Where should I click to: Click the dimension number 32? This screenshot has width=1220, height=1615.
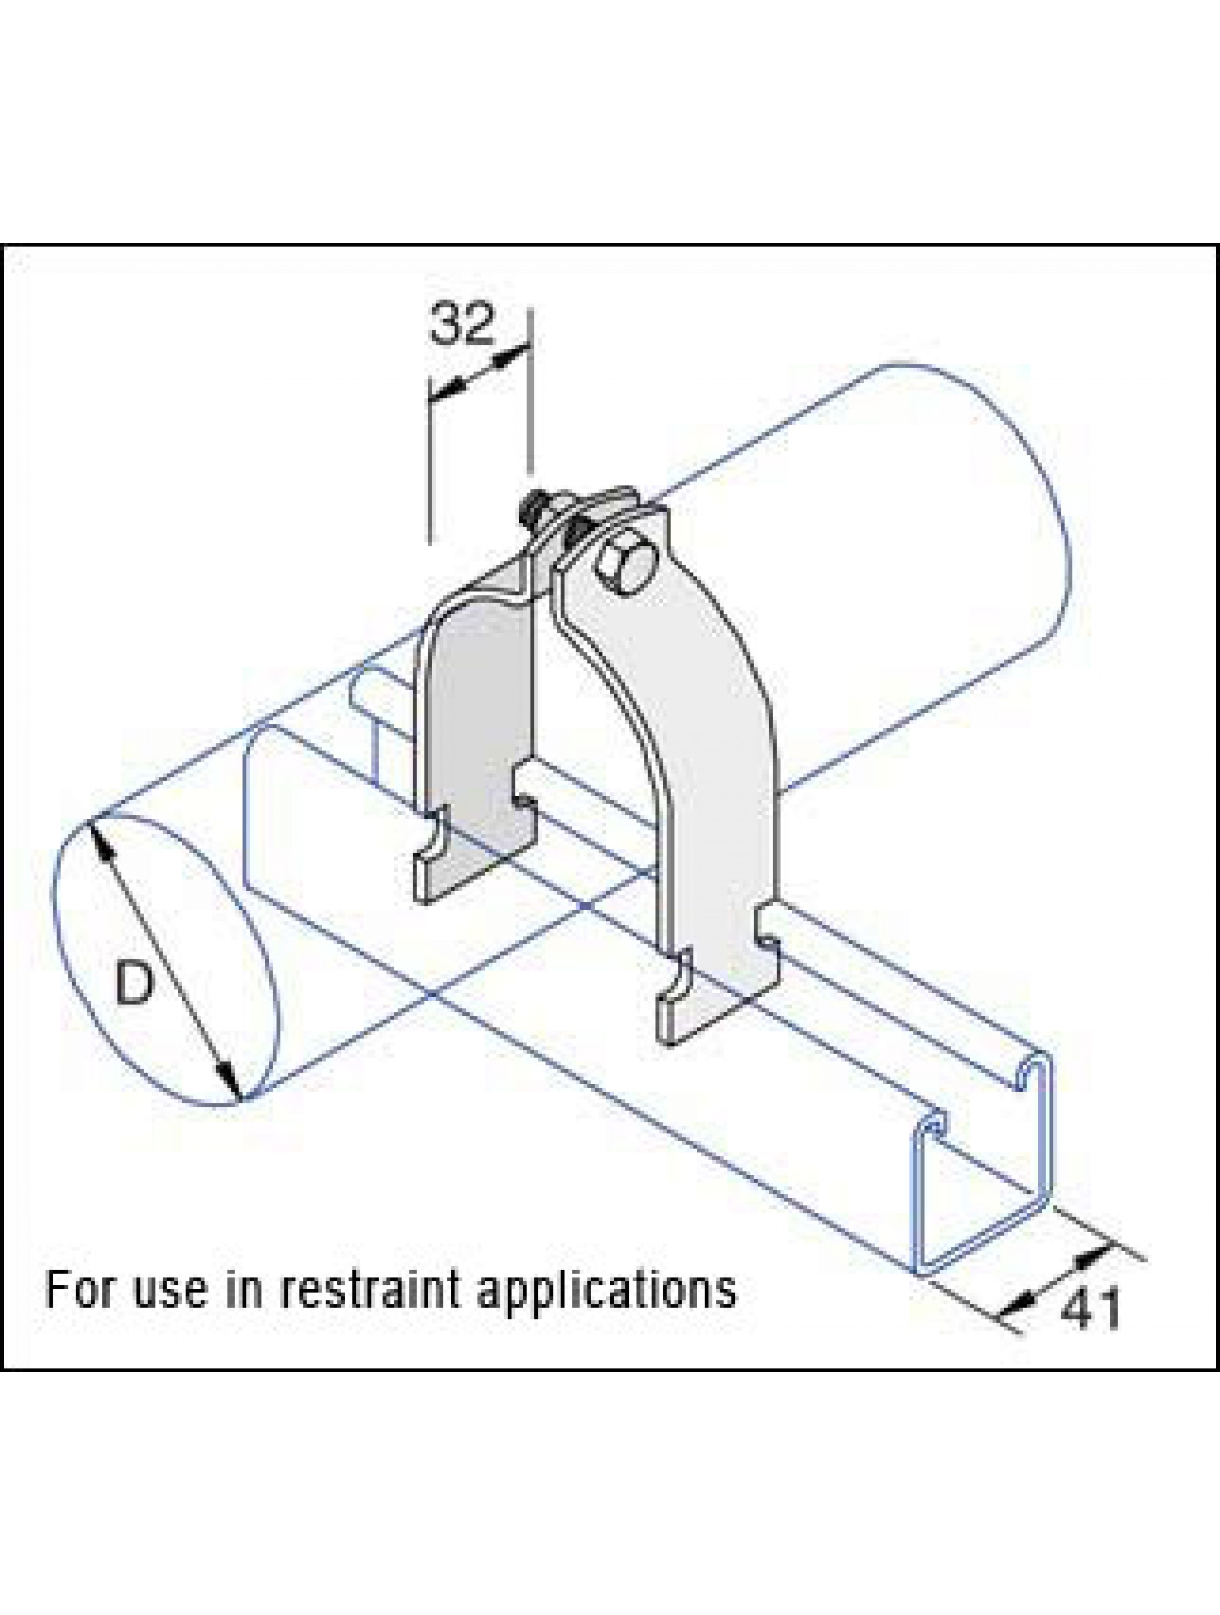tap(462, 324)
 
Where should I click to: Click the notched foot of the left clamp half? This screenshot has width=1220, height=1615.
tap(467, 873)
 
